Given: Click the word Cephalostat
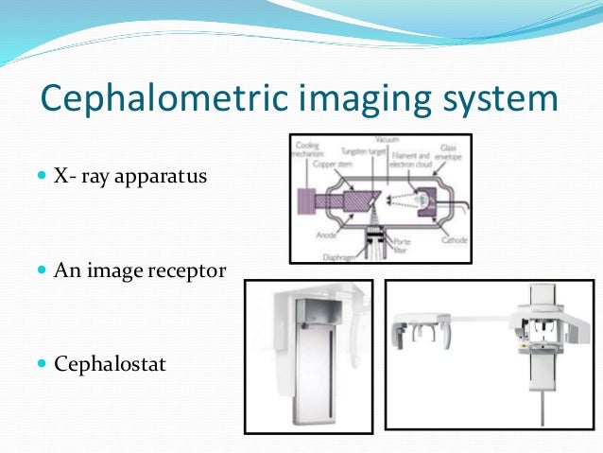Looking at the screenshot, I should [x=113, y=363].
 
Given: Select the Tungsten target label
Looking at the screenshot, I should [x=367, y=150].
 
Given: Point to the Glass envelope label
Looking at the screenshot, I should [x=443, y=153].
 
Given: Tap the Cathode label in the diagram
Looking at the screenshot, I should [x=453, y=240].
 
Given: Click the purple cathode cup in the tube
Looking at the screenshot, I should [x=422, y=198].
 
